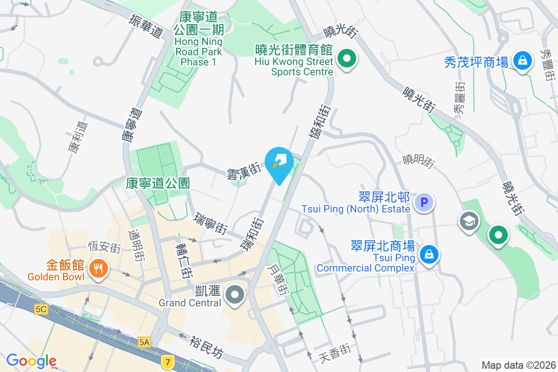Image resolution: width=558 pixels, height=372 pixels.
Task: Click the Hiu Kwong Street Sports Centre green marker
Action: [346, 60]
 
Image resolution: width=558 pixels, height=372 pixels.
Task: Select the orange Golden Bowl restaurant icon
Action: [98, 269]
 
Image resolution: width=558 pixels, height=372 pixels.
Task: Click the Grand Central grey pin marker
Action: [235, 295]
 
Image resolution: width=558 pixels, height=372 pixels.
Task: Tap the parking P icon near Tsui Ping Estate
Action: [424, 202]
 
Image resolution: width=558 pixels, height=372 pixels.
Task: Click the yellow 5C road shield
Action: [41, 309]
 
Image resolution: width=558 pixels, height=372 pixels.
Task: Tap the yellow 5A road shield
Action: [145, 342]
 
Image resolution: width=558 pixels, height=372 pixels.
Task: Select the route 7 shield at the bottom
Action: [167, 361]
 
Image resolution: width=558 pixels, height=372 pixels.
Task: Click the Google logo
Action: [31, 360]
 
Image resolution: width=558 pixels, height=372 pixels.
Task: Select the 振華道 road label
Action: [146, 26]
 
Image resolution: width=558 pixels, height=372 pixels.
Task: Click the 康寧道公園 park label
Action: [158, 183]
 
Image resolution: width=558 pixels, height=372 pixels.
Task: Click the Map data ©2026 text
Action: [518, 365]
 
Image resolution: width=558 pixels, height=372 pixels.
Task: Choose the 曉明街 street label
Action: [419, 161]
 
